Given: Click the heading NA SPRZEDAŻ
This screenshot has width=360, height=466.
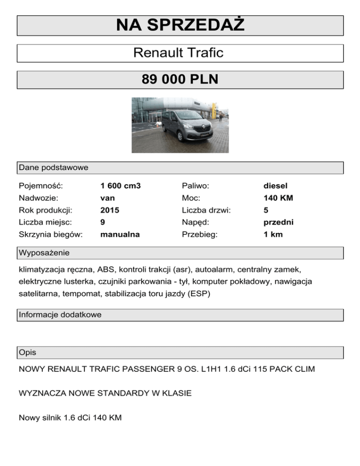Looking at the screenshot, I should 180,25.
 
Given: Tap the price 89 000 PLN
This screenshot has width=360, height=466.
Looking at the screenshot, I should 180,80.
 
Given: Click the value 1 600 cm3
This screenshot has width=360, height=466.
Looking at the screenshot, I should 120,186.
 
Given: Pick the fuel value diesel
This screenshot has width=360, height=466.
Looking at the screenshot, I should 275,186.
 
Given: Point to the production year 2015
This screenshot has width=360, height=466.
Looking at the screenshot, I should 110,210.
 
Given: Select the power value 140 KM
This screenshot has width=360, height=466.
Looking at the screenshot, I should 278,198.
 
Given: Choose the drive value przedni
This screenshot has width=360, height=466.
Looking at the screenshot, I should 278,222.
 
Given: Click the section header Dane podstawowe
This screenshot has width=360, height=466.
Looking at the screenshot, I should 53,167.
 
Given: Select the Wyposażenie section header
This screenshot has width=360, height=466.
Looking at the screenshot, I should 44,253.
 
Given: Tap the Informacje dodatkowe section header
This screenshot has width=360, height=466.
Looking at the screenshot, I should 60,315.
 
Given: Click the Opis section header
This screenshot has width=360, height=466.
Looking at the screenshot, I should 28,352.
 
